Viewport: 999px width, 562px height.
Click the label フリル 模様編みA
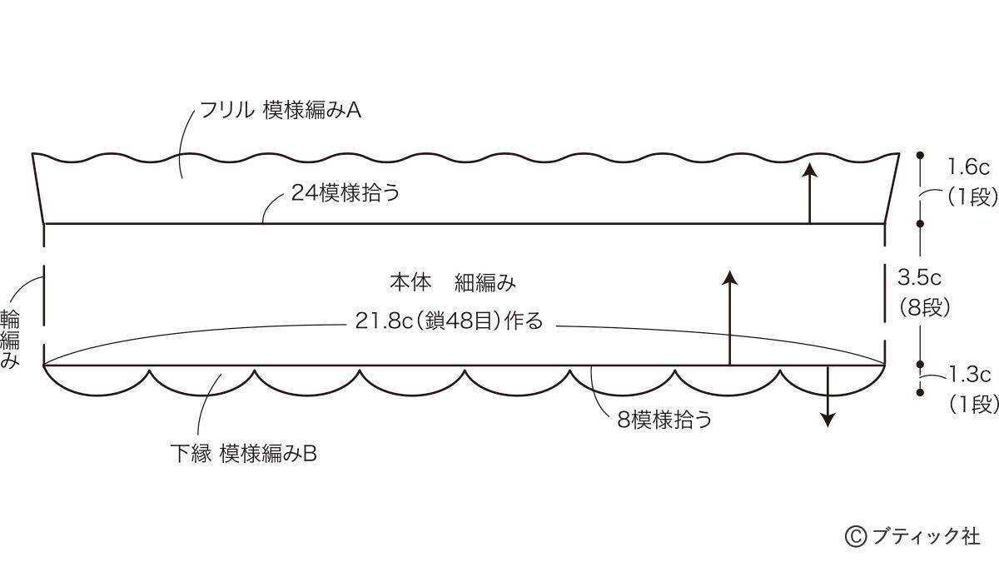click(280, 110)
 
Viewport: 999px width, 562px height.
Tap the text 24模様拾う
click(345, 192)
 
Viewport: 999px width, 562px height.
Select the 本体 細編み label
click(453, 282)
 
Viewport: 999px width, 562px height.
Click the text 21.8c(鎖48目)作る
click(449, 321)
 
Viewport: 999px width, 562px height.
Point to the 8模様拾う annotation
click(664, 420)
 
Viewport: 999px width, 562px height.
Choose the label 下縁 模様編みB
click(243, 454)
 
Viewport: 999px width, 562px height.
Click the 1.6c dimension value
click(968, 167)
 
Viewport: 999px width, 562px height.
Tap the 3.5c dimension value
click(919, 277)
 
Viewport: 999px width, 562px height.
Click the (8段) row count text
click(923, 307)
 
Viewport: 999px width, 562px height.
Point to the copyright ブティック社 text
click(912, 536)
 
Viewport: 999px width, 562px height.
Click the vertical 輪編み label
click(10, 339)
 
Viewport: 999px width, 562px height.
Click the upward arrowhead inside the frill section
click(810, 171)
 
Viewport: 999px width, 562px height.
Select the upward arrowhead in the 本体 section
click(729, 277)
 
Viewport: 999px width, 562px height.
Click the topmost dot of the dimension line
click(920, 155)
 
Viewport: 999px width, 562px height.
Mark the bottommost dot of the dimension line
click(920, 392)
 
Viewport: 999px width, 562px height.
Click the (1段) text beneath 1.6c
click(972, 196)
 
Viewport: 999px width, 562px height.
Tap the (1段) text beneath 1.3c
click(972, 405)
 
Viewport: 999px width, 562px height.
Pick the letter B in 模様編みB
click(311, 454)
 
